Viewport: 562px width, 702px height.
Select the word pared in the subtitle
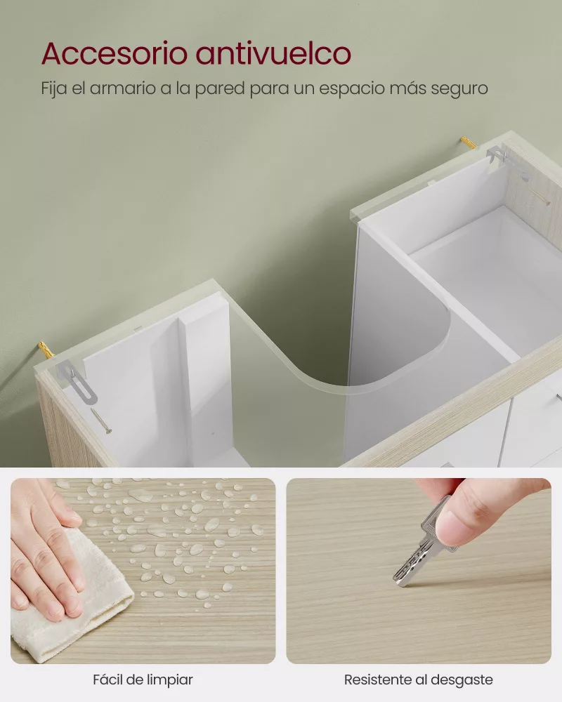pyautogui.click(x=234, y=89)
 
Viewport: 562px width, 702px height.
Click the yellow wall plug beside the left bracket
pyautogui.click(x=46, y=347)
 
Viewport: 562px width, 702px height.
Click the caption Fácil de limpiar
pyautogui.click(x=143, y=680)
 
